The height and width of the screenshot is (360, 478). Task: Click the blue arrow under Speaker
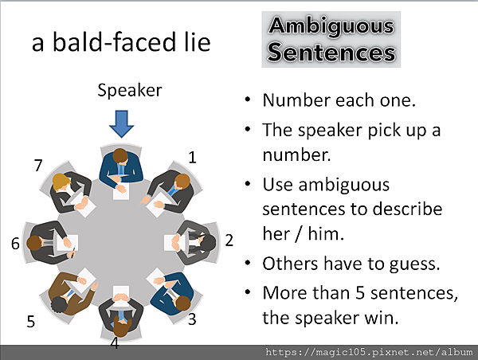pyautogui.click(x=121, y=124)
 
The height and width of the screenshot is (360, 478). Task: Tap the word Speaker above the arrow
pyautogui.click(x=130, y=91)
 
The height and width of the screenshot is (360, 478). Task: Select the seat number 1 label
pyautogui.click(x=192, y=158)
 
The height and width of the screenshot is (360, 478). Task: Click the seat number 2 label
pyautogui.click(x=229, y=241)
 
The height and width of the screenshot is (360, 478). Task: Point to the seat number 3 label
pyautogui.click(x=192, y=319)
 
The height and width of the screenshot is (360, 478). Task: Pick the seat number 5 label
pyautogui.click(x=31, y=321)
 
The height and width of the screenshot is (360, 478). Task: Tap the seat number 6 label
pyautogui.click(x=15, y=244)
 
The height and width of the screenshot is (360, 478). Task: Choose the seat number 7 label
pyautogui.click(x=38, y=166)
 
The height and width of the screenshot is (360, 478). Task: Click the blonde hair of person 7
pyautogui.click(x=61, y=182)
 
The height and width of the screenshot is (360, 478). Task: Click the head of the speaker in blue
pyautogui.click(x=120, y=156)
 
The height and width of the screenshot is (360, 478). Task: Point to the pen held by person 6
pyautogui.click(x=73, y=252)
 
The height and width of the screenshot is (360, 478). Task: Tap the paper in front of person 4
pyautogui.click(x=121, y=295)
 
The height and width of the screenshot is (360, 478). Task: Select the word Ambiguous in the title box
pyautogui.click(x=331, y=26)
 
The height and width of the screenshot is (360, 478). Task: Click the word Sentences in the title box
pyautogui.click(x=331, y=53)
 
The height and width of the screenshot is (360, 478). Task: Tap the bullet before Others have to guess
pyautogui.click(x=248, y=263)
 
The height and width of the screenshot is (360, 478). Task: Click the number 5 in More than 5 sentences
pyautogui.click(x=360, y=292)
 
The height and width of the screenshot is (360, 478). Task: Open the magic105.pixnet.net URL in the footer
pyautogui.click(x=369, y=352)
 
